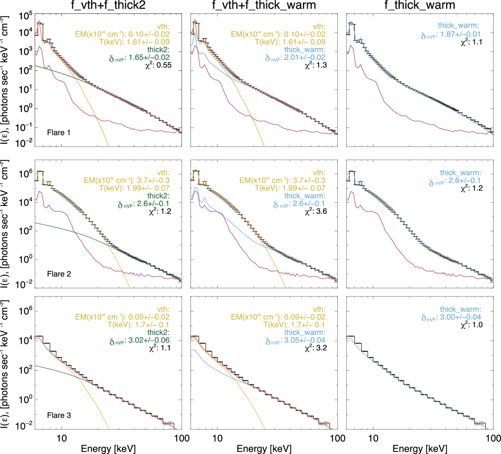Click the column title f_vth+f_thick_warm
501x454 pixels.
(264, 5)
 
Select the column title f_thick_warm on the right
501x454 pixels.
(420, 5)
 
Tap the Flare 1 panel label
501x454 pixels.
(59, 133)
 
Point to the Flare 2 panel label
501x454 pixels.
(59, 274)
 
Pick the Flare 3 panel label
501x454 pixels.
(59, 416)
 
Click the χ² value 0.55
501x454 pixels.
(164, 65)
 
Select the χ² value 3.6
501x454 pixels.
(322, 211)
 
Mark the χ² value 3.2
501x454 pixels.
(322, 348)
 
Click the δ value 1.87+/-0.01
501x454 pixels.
(459, 34)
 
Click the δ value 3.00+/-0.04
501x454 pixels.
(459, 317)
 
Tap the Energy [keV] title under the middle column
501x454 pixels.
(264, 449)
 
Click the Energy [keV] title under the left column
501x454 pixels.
(108, 449)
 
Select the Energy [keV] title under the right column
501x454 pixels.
(420, 449)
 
